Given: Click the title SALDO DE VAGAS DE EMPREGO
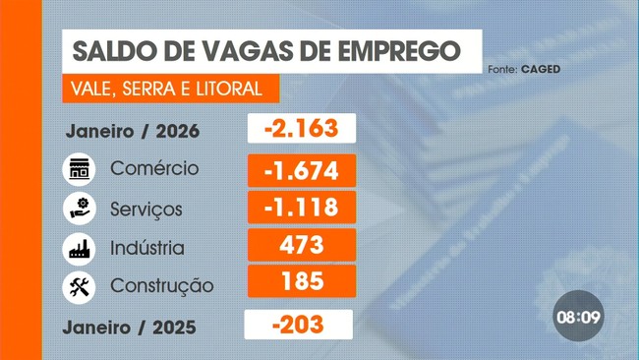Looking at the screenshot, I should click(x=264, y=49).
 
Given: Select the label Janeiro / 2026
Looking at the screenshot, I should click(x=134, y=131).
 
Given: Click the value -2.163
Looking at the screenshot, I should click(x=300, y=129).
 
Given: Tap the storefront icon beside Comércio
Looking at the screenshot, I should click(x=79, y=169).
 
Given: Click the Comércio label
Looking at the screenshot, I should click(x=154, y=168).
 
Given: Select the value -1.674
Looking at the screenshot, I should click(x=300, y=169).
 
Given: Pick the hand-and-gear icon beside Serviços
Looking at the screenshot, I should click(x=79, y=208).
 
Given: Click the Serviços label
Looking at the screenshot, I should click(x=146, y=209).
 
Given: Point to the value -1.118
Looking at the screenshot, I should click(x=300, y=207).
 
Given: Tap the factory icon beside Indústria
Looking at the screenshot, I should click(x=79, y=247).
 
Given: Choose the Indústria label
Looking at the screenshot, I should click(x=147, y=247).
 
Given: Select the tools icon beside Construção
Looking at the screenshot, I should click(x=79, y=286).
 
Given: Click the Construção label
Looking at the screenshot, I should click(x=162, y=286).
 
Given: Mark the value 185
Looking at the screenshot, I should click(x=300, y=281).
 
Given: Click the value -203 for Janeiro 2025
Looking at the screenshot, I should click(x=298, y=324).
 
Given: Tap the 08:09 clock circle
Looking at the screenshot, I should click(x=578, y=318).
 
